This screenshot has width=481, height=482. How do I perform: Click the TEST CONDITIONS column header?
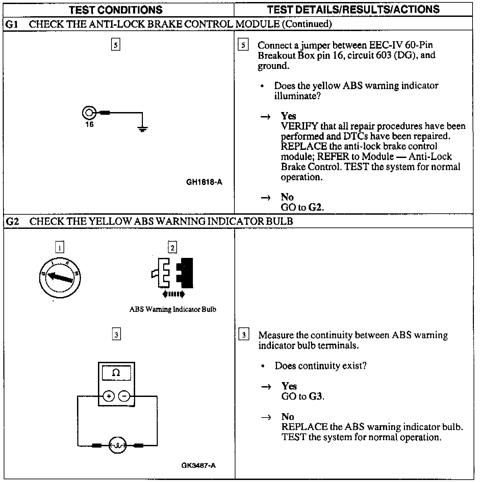tap(116, 9)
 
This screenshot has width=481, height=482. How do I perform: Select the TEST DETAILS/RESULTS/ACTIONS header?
tap(353, 9)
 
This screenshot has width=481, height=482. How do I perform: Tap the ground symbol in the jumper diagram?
tap(143, 129)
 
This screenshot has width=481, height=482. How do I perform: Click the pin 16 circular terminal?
tap(89, 113)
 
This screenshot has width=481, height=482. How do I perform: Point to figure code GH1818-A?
tap(204, 182)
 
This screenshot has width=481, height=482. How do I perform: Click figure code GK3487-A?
tap(198, 465)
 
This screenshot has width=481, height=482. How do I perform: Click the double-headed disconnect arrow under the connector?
tap(173, 294)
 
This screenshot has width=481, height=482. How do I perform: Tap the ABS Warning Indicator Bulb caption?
tap(173, 309)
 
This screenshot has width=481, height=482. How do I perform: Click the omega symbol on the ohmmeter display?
tap(116, 373)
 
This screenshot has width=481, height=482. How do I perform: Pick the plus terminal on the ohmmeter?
tap(109, 396)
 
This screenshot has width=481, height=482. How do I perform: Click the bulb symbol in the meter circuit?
tap(117, 446)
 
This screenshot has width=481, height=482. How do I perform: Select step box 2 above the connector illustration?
tap(172, 248)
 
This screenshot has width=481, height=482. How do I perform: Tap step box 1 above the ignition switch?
tap(59, 248)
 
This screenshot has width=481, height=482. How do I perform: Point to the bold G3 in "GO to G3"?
tap(315, 396)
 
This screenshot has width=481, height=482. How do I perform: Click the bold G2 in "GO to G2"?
tap(315, 207)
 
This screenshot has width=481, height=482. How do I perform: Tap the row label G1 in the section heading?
tap(12, 24)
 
